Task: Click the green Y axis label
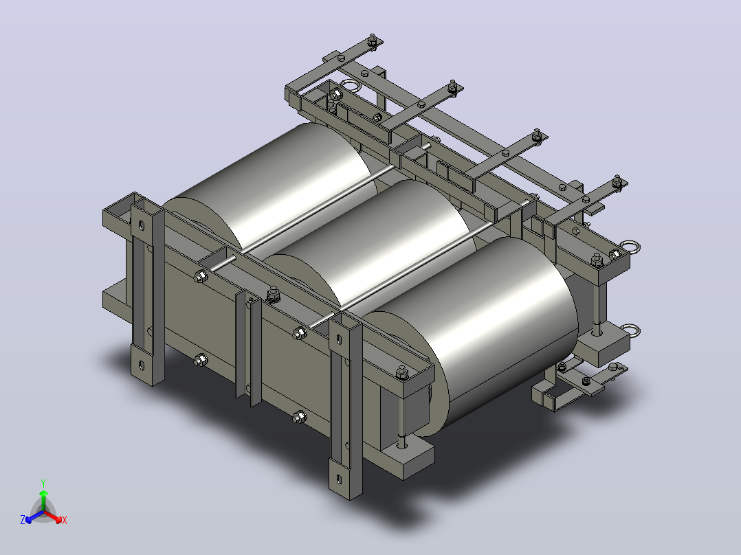[x=43, y=483]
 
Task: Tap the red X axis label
[x=65, y=520]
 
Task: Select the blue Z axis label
[x=23, y=519]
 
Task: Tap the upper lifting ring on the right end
[x=630, y=247]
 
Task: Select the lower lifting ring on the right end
[x=630, y=330]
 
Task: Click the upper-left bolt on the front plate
[x=201, y=276]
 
